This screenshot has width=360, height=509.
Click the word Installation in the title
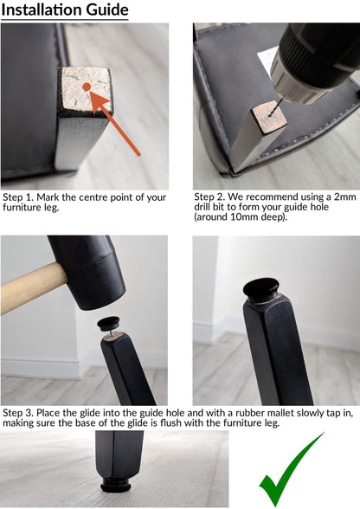tap(42, 10)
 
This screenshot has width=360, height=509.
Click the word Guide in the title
tap(107, 10)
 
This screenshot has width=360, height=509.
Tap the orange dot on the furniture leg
tap(87, 87)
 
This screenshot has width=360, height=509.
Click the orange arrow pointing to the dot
tap(114, 123)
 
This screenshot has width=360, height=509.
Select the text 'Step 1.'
tap(18, 197)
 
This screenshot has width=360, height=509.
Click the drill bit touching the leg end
tap(275, 107)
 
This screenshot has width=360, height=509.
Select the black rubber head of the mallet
tap(87, 272)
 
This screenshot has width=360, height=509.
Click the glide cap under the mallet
tap(109, 324)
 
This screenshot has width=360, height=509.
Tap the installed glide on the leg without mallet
tap(261, 288)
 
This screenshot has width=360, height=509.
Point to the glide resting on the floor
tap(116, 483)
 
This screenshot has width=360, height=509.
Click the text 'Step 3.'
tap(18, 413)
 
